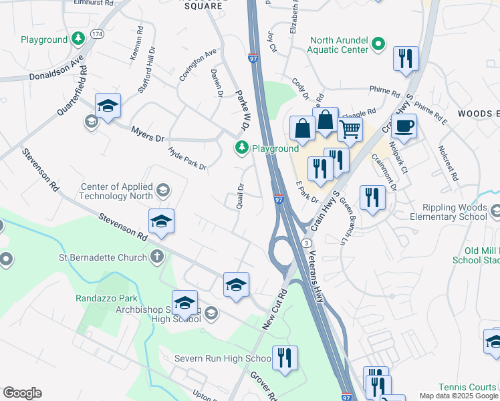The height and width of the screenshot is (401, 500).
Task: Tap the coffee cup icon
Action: (403, 124)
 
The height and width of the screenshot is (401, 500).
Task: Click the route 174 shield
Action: (97, 33)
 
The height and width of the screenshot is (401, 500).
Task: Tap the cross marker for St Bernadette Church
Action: (156, 256)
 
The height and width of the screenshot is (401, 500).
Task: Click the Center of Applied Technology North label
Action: (116, 192)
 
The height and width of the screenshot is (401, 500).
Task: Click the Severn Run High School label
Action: (223, 359)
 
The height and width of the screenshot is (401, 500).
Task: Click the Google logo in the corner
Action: (22, 393)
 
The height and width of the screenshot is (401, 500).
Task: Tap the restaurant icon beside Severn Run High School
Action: (285, 358)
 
